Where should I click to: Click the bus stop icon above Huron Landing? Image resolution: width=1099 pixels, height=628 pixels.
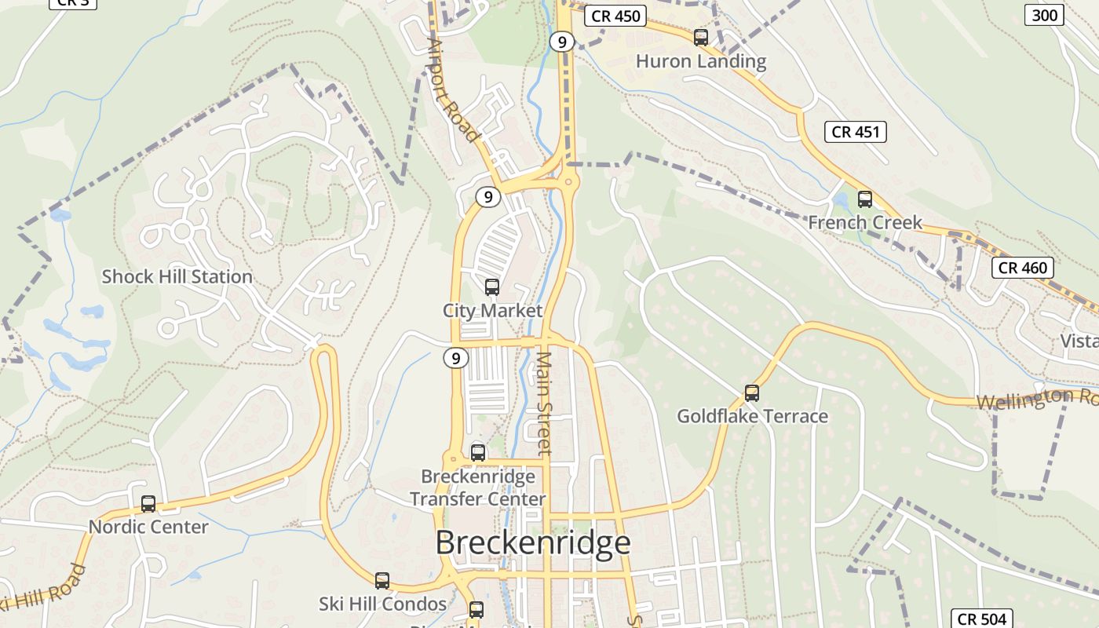(701, 37)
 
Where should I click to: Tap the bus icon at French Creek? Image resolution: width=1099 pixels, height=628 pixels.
(865, 199)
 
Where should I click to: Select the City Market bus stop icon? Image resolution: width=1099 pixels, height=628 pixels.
(492, 287)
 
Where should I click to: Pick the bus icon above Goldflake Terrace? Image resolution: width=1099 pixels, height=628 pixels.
(752, 393)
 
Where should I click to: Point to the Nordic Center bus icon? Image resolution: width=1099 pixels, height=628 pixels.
(148, 504)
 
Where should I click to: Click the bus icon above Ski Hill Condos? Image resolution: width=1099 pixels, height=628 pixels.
(382, 581)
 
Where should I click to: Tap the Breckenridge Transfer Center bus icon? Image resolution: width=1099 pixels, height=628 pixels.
(478, 453)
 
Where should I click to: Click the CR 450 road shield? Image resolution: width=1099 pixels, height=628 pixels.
(615, 16)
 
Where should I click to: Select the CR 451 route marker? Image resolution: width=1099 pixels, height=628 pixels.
(856, 132)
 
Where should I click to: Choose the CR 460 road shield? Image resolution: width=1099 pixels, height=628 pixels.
(1021, 268)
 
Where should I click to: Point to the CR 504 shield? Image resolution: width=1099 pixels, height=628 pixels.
(981, 619)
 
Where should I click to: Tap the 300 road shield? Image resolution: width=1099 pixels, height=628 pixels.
(1045, 15)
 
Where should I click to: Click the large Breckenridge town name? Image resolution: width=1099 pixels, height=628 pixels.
(533, 542)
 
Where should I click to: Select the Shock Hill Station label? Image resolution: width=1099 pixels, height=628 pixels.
(177, 276)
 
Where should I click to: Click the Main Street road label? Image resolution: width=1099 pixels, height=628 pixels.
(544, 403)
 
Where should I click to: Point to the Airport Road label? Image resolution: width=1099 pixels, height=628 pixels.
(453, 89)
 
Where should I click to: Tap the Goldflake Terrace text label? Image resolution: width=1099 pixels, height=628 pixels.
(752, 416)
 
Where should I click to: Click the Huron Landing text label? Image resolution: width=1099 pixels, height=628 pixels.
(701, 61)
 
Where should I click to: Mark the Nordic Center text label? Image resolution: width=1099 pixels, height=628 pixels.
(148, 527)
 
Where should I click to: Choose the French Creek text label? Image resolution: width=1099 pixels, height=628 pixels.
(865, 223)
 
